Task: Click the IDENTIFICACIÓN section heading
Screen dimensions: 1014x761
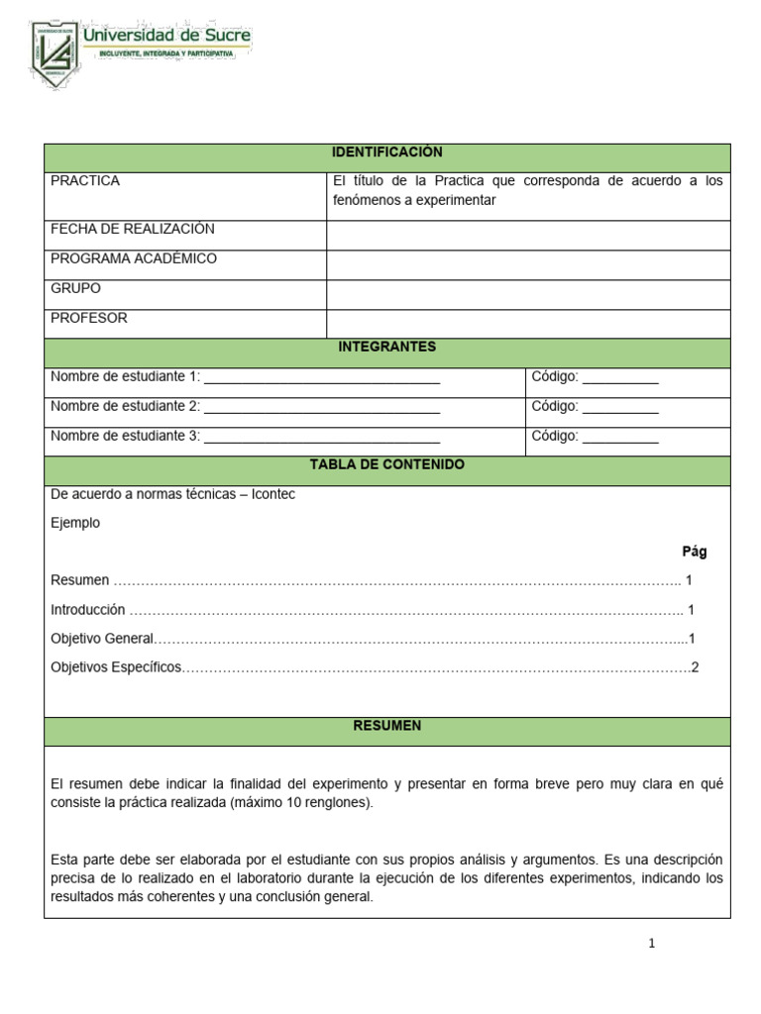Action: [x=386, y=152]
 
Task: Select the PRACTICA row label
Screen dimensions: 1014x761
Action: [x=85, y=181]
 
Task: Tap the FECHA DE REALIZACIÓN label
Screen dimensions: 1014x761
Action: [x=132, y=229]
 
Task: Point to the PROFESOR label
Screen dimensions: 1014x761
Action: [x=89, y=319]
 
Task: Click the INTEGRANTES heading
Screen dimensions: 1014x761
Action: [x=386, y=347]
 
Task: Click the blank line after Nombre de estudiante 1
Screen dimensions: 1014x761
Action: [x=321, y=377]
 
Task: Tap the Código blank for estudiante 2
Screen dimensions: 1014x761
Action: [x=620, y=407]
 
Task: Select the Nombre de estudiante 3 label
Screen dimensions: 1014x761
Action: [x=125, y=436]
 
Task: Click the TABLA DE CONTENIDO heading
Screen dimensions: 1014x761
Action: [x=386, y=464]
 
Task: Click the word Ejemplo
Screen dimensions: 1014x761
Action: [x=75, y=523]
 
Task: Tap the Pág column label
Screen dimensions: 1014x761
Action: [x=694, y=552]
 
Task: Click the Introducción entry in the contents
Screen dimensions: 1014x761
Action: [x=88, y=610]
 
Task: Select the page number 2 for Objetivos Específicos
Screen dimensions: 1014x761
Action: [x=695, y=667]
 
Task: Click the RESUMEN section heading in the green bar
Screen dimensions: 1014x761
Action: [x=386, y=726]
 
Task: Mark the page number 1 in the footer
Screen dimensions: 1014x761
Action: [x=651, y=943]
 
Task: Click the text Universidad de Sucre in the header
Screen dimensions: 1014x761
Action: [x=166, y=36]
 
